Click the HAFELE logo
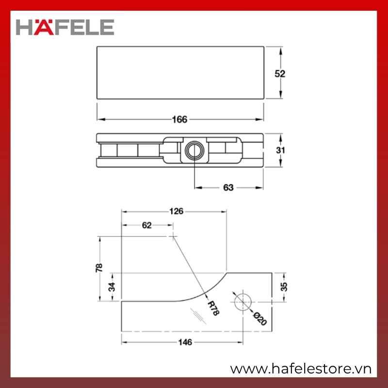tap(65, 27)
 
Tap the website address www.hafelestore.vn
tap(301, 369)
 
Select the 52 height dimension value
tap(280, 74)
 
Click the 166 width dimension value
tap(179, 119)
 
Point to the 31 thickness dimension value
tap(280, 150)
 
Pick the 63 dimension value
tap(228, 188)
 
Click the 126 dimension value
tap(176, 211)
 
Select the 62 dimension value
tap(147, 225)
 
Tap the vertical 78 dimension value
tap(99, 268)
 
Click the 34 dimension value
tap(112, 287)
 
